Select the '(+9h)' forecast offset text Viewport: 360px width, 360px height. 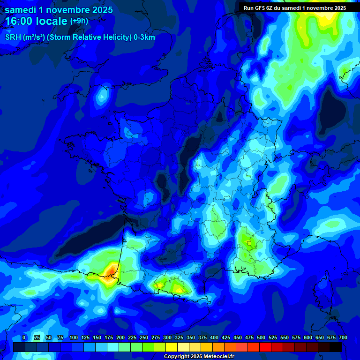[x=79, y=21]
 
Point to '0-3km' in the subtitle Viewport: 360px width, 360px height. [x=144, y=37]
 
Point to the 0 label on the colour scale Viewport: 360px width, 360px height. [x=24, y=337]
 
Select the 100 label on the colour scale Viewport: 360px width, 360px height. [x=74, y=337]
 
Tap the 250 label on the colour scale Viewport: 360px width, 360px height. [x=144, y=337]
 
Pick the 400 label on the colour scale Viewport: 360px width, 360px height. [x=214, y=337]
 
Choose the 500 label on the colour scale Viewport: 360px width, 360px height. [x=261, y=337]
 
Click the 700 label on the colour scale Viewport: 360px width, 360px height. [x=343, y=337]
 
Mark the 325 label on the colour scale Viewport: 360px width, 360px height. [x=179, y=337]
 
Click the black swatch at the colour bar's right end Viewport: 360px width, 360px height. [x=335, y=347]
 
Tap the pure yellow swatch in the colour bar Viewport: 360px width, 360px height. [x=171, y=347]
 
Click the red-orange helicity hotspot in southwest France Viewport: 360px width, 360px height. [x=112, y=270]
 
